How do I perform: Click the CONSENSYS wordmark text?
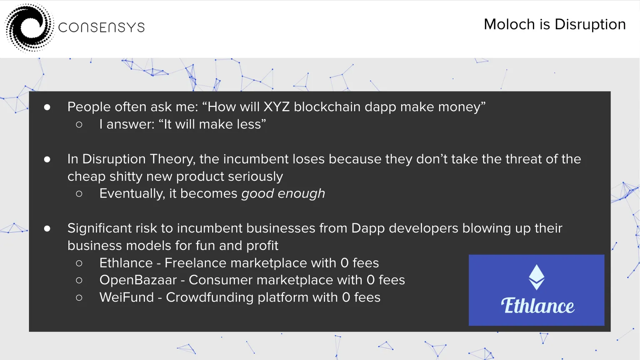click(x=101, y=28)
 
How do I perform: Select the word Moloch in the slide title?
click(x=510, y=24)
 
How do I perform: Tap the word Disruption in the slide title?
click(x=590, y=25)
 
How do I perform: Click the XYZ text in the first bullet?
click(x=276, y=107)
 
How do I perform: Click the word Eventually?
click(x=132, y=194)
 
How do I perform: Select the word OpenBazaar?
click(x=138, y=280)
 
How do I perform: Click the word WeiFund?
click(x=127, y=297)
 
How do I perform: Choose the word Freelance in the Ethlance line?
click(x=195, y=263)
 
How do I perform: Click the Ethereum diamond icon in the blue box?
click(x=536, y=277)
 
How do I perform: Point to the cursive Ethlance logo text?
click(x=537, y=306)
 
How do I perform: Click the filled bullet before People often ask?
click(x=47, y=107)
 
